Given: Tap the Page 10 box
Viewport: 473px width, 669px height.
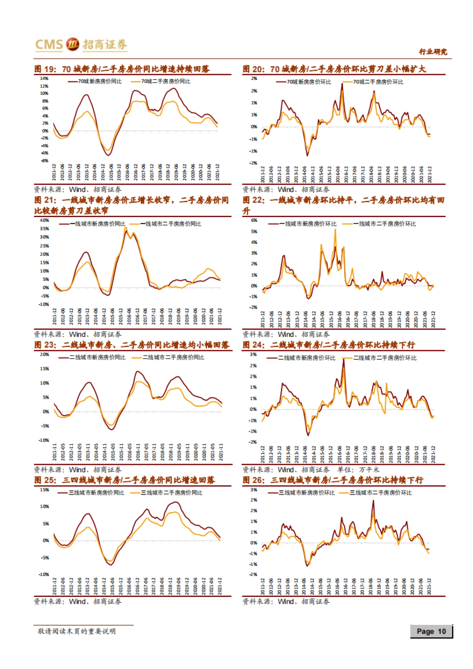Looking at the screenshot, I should [x=431, y=632].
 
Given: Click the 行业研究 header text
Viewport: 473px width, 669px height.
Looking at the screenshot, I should [x=433, y=52].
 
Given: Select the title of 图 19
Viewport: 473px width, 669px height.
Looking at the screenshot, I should [x=122, y=69].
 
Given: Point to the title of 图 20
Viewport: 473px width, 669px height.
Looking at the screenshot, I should [x=334, y=69].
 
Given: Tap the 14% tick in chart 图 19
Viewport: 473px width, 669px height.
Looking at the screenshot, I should [x=44, y=78].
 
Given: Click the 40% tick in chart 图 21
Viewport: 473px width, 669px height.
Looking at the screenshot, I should [x=44, y=220].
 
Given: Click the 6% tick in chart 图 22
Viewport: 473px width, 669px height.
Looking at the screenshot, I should [x=254, y=220].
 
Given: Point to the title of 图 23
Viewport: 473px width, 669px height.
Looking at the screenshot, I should [x=132, y=345].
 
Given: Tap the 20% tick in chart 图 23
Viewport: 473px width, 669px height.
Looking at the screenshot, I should [x=44, y=355].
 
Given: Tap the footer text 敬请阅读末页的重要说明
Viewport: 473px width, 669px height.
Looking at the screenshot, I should [x=77, y=631].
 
